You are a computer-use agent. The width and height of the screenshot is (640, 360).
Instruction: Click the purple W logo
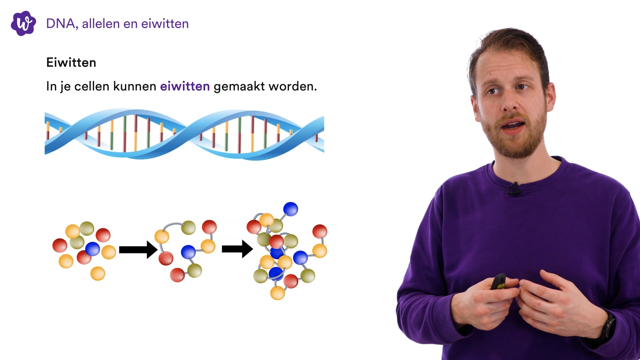pyautogui.click(x=23, y=23)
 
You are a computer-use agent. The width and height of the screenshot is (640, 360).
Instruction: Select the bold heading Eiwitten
pyautogui.click(x=71, y=63)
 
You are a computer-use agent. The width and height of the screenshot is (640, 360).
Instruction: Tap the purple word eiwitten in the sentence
pyautogui.click(x=185, y=86)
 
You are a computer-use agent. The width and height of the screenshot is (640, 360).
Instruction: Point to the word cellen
pyautogui.click(x=92, y=86)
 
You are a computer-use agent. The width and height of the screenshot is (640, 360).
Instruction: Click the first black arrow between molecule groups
pyautogui.click(x=138, y=250)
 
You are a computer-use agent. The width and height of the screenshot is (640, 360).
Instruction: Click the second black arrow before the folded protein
pyautogui.click(x=237, y=249)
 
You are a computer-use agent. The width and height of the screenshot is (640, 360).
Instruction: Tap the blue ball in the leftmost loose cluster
pyautogui.click(x=92, y=249)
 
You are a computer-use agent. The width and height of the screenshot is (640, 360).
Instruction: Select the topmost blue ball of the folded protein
pyautogui.click(x=290, y=209)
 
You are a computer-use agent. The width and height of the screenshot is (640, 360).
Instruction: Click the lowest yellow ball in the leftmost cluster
pyautogui.click(x=98, y=273)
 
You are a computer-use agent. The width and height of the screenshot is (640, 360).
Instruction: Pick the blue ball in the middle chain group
pyautogui.click(x=188, y=252)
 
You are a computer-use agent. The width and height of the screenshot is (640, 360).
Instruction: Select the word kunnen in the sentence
pyautogui.click(x=135, y=86)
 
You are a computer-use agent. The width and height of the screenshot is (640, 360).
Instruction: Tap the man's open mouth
pyautogui.click(x=514, y=126)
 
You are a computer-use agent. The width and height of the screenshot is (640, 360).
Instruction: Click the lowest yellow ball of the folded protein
pyautogui.click(x=277, y=293)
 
